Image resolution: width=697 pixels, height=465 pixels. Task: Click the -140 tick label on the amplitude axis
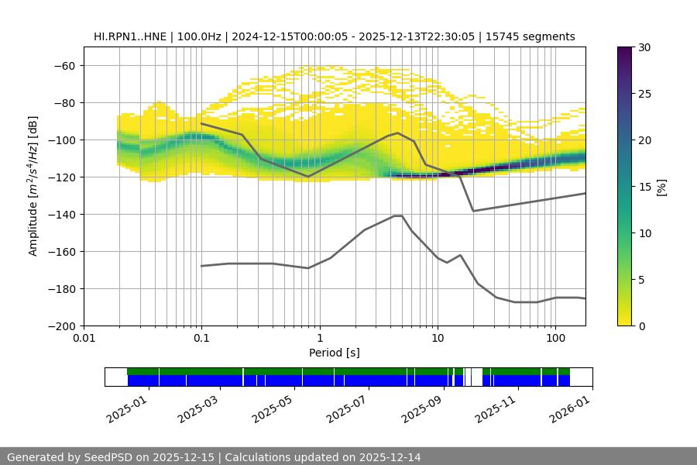tap(64, 214)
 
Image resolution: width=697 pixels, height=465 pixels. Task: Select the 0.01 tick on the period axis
tap(84, 339)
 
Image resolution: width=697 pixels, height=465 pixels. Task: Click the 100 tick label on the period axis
tap(555, 339)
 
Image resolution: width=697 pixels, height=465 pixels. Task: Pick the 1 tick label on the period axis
tap(319, 339)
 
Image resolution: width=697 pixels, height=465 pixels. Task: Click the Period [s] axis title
tap(335, 353)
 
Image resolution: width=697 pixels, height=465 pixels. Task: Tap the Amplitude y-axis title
tap(33, 186)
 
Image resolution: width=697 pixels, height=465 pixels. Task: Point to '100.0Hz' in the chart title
tap(198, 36)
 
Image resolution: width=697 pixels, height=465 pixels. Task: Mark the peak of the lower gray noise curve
tap(398, 215)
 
